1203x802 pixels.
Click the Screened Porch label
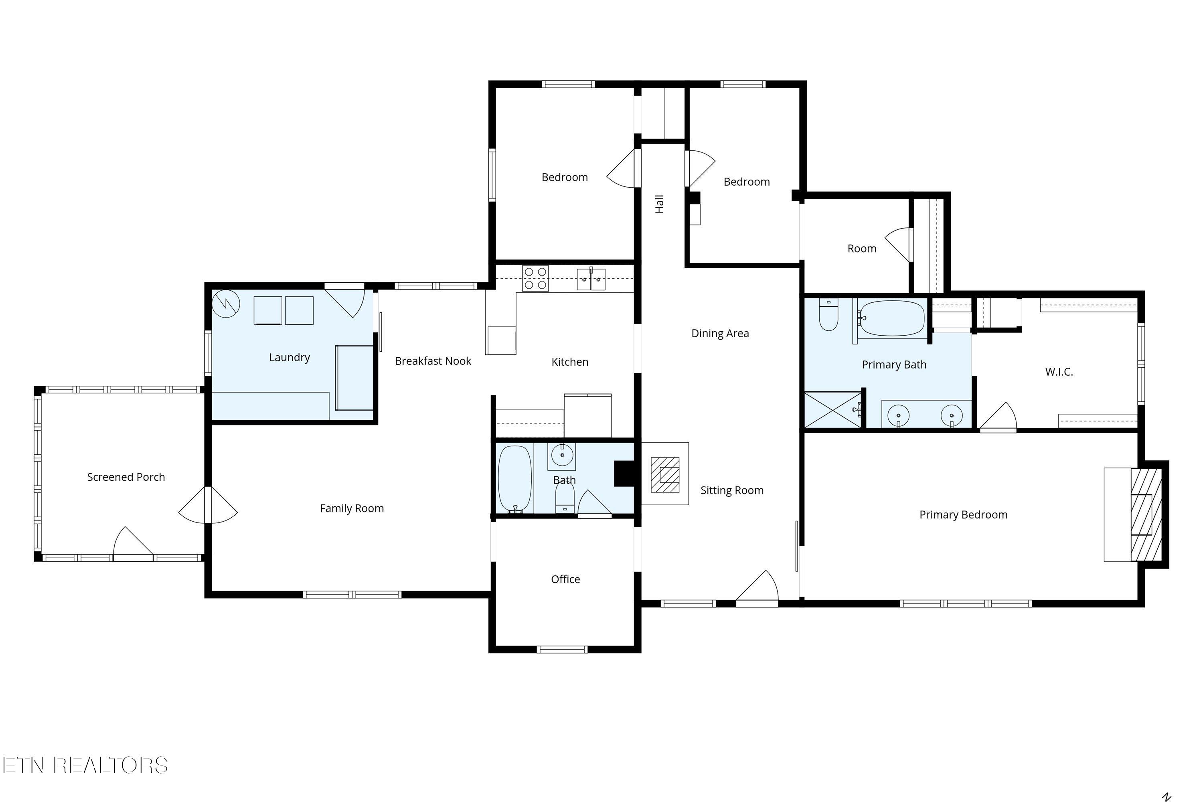coord(126,477)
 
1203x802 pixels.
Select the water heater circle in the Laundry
coord(225,304)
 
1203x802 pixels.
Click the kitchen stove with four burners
coord(535,278)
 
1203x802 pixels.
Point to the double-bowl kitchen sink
coord(591,279)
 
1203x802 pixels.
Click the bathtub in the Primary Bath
coord(891,318)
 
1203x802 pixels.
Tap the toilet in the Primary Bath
coord(828,316)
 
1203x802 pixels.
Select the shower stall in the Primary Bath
coord(833,410)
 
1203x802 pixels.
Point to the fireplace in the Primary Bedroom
coord(1146,514)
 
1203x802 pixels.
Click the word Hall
coord(659,204)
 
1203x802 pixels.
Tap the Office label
coord(565,579)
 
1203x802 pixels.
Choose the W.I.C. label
coord(1059,372)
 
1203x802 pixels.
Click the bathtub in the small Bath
coord(514,479)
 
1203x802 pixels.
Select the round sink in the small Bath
coord(562,455)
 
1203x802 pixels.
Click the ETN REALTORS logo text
coord(85,765)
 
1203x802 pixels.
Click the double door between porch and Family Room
coord(208,505)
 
